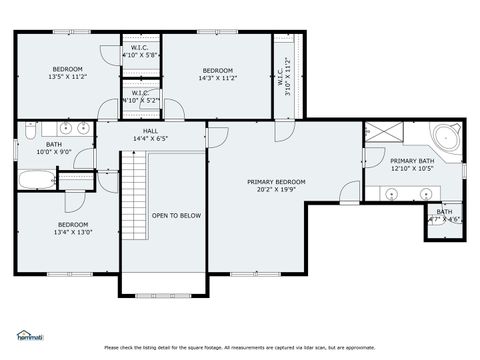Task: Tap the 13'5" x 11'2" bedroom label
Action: point(67,73)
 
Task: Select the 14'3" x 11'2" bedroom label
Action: point(217,73)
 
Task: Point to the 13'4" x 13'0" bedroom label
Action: point(72,229)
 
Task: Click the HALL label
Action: point(150,135)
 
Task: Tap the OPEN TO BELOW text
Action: point(176,215)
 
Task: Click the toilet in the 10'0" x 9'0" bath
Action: point(30,131)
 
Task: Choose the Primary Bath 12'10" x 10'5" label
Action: point(411,165)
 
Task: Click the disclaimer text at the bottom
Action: point(240,347)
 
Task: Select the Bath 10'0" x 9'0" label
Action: point(48,149)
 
